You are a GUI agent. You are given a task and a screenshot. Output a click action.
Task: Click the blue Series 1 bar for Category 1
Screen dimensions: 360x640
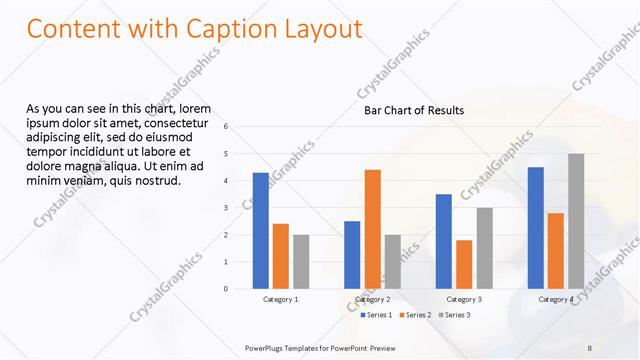(260, 231)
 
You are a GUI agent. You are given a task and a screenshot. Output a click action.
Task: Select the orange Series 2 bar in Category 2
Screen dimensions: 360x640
(372, 229)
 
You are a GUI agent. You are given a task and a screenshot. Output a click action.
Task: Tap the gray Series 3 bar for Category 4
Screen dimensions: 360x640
(575, 221)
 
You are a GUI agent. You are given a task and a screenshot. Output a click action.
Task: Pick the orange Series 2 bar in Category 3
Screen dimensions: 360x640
(464, 264)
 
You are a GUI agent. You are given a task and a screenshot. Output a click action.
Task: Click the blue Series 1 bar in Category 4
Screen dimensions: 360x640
(535, 228)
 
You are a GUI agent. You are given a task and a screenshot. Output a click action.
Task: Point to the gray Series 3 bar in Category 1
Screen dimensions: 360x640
(301, 262)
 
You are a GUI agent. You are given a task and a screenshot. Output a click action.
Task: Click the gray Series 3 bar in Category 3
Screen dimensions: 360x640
(484, 248)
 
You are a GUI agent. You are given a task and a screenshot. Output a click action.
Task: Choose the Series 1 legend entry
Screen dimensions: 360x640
(376, 315)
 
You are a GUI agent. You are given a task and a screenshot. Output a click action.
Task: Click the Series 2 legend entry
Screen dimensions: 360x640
(415, 315)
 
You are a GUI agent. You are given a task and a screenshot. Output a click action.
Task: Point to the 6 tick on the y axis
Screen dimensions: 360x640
(226, 127)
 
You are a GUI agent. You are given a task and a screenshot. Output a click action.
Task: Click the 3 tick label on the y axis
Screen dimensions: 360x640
(226, 208)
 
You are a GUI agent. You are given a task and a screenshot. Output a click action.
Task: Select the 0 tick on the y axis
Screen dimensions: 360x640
(226, 289)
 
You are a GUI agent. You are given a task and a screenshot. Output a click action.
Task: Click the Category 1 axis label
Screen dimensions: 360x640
(280, 299)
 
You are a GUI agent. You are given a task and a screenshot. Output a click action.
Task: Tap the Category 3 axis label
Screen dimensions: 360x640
(464, 299)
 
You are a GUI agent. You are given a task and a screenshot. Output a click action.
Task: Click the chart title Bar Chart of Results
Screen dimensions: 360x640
(413, 111)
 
